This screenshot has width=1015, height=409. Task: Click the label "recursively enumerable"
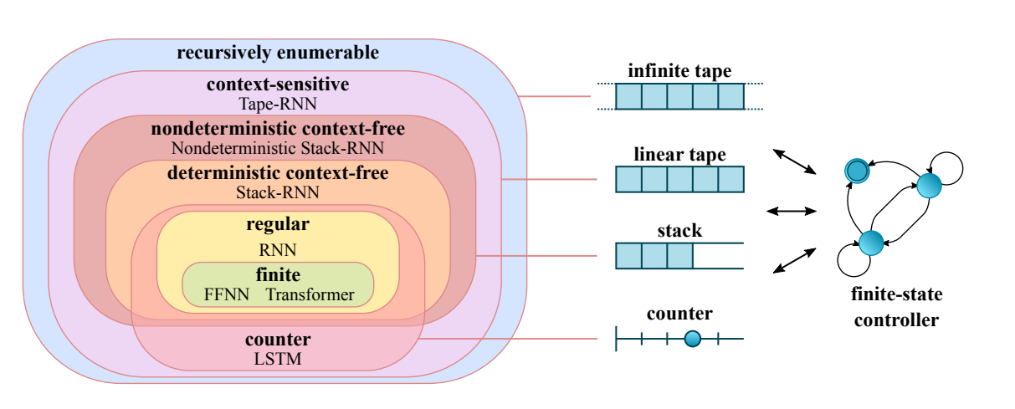point(278,54)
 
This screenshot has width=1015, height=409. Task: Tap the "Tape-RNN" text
point(278,104)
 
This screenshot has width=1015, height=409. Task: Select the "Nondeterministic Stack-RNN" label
point(278,148)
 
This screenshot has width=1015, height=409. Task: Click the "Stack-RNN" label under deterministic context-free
point(278,192)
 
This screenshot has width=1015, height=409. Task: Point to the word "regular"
point(278,224)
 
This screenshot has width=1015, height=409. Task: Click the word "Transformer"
point(310,294)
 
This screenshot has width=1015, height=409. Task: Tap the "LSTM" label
point(278,360)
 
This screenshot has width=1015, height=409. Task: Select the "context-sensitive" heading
point(278,85)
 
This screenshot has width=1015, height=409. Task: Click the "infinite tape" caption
point(679,71)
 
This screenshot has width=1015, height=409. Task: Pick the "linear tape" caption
point(679,155)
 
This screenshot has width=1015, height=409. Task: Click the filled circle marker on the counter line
point(692,339)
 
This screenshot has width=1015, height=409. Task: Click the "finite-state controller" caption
point(895,307)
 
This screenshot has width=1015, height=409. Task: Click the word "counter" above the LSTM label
point(278,340)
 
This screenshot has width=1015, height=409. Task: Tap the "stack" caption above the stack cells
point(679,229)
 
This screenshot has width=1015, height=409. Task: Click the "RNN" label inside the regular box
point(278,249)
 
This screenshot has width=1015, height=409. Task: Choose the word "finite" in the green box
point(278,275)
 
